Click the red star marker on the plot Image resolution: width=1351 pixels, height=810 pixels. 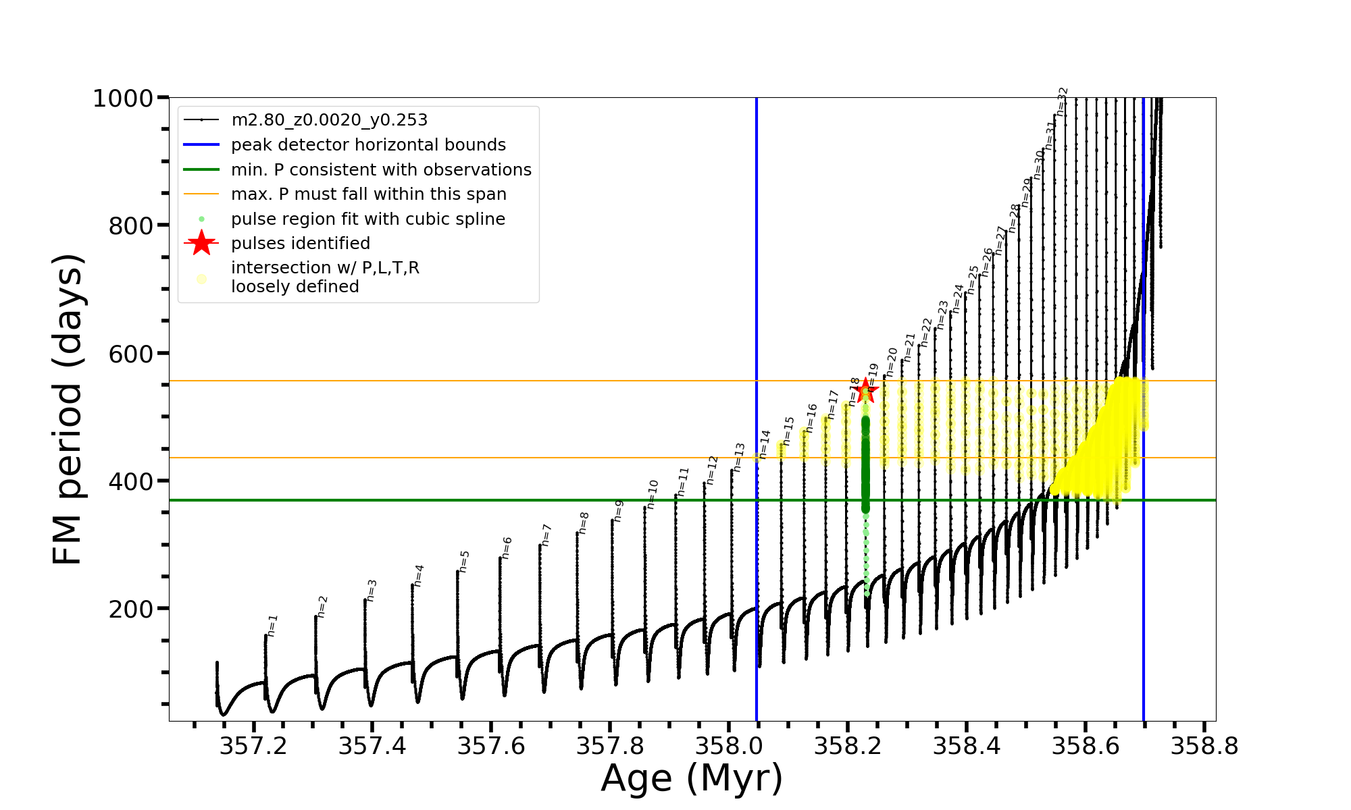pos(865,391)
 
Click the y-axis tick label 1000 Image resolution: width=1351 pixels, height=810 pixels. pos(123,99)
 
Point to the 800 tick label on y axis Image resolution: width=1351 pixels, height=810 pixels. pos(131,226)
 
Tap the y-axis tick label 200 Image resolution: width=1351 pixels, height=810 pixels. pos(131,609)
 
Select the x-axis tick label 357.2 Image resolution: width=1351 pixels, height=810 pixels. pos(253,746)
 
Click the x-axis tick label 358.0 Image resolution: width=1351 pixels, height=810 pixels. pos(729,746)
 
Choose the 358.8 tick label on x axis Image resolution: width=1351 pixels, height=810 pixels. pos(1204,746)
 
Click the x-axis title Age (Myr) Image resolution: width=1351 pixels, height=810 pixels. pos(692,778)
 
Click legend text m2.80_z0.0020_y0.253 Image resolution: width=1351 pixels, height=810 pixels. pos(329,120)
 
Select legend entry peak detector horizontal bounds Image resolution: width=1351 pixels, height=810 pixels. pos(368,145)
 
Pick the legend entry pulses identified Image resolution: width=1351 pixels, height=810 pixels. pos(301,244)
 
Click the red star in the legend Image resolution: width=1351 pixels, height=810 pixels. pos(201,243)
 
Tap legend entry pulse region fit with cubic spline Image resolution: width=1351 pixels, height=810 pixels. pos(368,219)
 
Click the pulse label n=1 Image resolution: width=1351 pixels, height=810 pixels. pos(272,626)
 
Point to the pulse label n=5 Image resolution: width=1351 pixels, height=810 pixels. pos(464,562)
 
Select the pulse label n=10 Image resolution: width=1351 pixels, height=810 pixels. pos(652,494)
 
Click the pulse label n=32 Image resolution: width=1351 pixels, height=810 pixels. pos(1062,101)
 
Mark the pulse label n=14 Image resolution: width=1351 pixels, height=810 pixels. pos(765,444)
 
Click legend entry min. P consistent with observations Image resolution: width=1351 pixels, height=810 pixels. pos(381,170)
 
